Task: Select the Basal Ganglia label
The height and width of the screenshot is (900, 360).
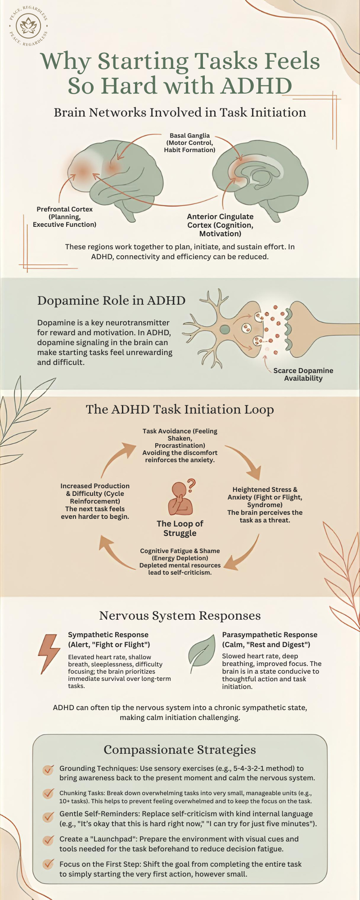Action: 189,143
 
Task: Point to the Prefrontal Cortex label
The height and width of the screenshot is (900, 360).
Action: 64,216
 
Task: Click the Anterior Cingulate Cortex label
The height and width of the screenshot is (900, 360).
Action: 220,225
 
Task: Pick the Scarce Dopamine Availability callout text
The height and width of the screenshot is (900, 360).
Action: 303,374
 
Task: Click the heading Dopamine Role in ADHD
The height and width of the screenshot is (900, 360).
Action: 111,301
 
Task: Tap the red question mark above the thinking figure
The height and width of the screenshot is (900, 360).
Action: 192,485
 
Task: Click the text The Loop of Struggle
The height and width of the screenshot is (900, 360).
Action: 180,528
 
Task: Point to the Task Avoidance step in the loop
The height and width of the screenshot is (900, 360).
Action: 180,445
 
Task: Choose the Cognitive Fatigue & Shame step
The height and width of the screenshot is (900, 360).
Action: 180,561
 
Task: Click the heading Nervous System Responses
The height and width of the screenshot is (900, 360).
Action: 180,616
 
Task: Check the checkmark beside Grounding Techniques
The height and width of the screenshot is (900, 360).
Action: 48,770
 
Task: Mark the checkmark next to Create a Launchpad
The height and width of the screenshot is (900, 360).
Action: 48,840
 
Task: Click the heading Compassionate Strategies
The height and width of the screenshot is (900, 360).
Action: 180,750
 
